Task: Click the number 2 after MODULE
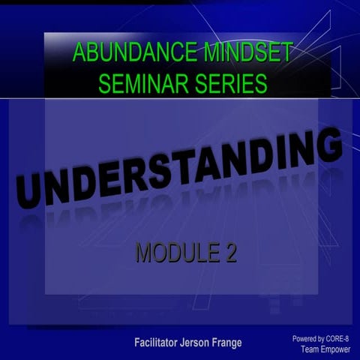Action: pos(230,253)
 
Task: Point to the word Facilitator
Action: pos(160,343)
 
